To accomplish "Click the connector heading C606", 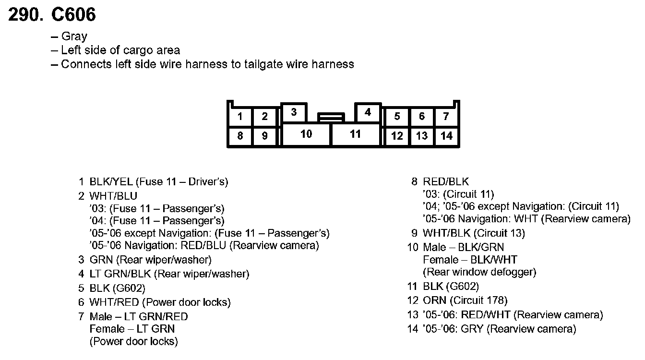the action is click(73, 15).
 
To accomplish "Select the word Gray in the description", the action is click(74, 36).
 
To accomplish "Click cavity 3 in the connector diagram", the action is click(294, 112).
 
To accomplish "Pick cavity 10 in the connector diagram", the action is click(306, 134).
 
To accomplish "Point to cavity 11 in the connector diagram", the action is click(355, 134).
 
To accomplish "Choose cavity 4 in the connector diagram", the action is click(368, 112).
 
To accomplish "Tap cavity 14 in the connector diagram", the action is click(446, 136).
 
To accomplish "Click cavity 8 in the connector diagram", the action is click(240, 136).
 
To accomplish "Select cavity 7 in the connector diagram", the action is click(446, 116).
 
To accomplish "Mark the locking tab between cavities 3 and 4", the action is click(331, 117).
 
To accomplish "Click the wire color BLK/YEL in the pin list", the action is click(111, 182).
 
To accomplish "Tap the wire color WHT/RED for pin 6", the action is click(114, 302).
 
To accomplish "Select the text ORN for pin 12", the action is click(434, 300).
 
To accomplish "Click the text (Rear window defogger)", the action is click(479, 272).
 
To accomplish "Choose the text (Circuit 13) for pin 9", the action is click(499, 233).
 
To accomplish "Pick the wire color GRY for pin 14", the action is click(474, 329).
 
